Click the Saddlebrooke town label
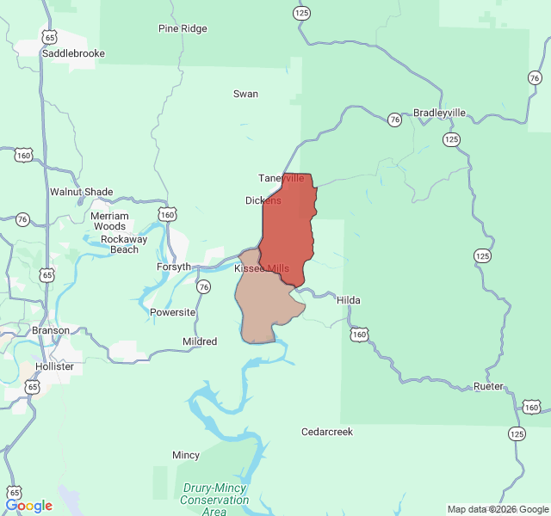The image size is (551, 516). pyautogui.click(x=73, y=53)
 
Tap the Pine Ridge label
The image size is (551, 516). pyautogui.click(x=183, y=28)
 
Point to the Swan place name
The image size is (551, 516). pyautogui.click(x=245, y=94)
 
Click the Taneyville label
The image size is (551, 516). pyautogui.click(x=282, y=178)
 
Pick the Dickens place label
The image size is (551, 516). pyautogui.click(x=263, y=200)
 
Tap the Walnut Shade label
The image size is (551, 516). pyautogui.click(x=81, y=192)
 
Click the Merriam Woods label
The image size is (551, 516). pyautogui.click(x=109, y=221)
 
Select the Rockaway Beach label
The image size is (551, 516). pyautogui.click(x=124, y=244)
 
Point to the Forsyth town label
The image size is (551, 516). pyautogui.click(x=174, y=267)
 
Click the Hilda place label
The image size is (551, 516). pyautogui.click(x=349, y=300)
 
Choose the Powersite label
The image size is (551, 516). pyautogui.click(x=173, y=312)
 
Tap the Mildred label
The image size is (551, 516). pyautogui.click(x=200, y=341)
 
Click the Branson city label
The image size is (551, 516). pyautogui.click(x=51, y=330)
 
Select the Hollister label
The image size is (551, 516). pyautogui.click(x=55, y=366)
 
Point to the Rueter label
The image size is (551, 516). pyautogui.click(x=488, y=387)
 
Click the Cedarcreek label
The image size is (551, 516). pyautogui.click(x=327, y=432)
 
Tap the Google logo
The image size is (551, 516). pyautogui.click(x=28, y=506)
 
